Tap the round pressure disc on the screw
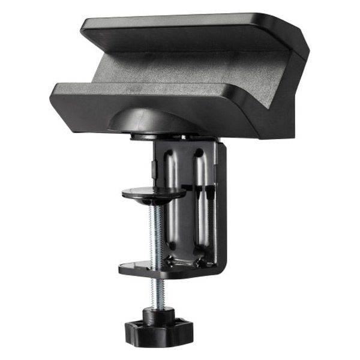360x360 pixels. (154, 193)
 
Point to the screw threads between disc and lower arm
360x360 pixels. (157, 230)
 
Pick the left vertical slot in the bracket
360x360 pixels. (173, 192)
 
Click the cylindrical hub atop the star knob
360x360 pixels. (158, 313)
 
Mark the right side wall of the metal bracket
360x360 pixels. (221, 204)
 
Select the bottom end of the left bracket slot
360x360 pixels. (173, 245)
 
